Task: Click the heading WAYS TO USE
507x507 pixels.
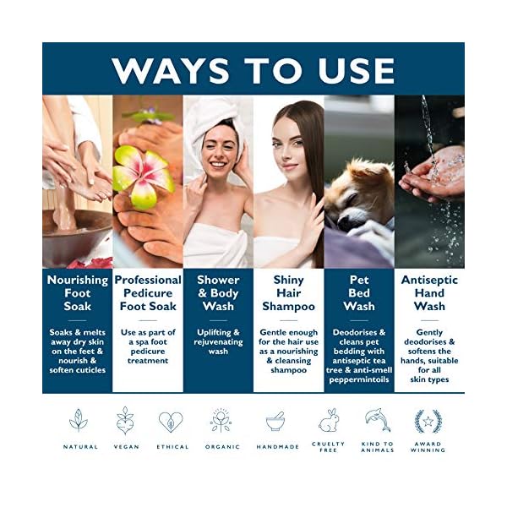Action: (x=253, y=69)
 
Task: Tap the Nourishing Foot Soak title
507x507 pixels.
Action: (x=77, y=292)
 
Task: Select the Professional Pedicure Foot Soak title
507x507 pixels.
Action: (x=148, y=292)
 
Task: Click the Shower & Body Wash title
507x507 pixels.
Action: (x=218, y=292)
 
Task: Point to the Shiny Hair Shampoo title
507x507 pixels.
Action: (x=288, y=292)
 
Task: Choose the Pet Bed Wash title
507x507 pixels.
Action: (x=358, y=292)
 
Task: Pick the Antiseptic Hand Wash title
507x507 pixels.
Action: (x=429, y=292)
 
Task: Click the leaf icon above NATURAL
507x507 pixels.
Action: (x=79, y=420)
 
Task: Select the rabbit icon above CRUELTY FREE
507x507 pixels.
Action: (x=328, y=420)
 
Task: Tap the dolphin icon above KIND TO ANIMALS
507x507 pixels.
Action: (x=377, y=420)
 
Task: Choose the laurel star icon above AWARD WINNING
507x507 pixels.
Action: (x=428, y=420)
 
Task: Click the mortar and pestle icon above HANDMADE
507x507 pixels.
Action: (x=275, y=421)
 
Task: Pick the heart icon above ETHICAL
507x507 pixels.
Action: (x=171, y=421)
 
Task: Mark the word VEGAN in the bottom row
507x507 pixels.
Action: (x=126, y=447)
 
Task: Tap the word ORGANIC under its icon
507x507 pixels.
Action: (x=223, y=447)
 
